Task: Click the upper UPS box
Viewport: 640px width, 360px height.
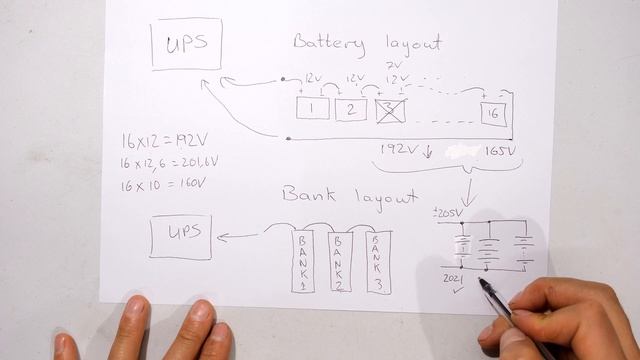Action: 186,44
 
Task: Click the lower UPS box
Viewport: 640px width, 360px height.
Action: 181,235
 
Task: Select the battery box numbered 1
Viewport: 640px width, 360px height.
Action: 313,108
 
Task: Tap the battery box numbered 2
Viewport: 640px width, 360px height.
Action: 351,109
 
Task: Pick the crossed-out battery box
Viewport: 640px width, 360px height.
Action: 390,110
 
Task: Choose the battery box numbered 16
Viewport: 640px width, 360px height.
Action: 494,114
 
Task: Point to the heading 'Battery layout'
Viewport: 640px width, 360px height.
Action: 366,43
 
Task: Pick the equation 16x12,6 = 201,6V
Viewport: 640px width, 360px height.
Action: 168,162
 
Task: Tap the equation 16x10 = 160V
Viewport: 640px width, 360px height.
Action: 162,183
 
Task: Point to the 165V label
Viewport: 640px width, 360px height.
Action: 501,151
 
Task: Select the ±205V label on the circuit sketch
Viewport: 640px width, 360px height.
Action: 446,213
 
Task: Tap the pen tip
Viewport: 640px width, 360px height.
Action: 483,283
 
